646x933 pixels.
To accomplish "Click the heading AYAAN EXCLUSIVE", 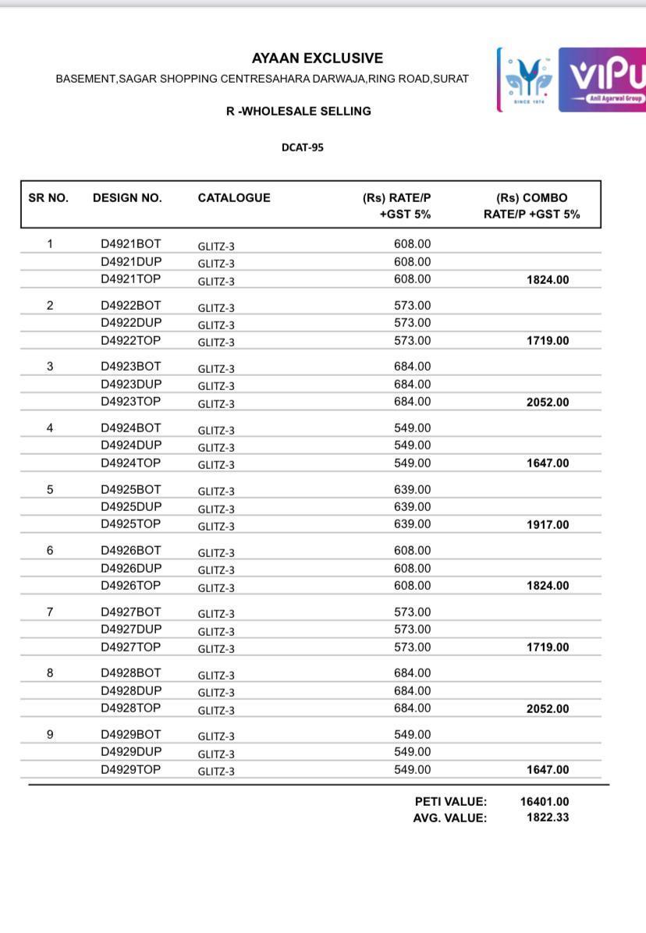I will click(317, 59).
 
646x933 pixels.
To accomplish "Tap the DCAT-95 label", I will click(302, 147).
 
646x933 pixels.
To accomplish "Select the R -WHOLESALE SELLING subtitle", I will click(298, 112).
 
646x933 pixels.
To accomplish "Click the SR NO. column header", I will click(48, 198).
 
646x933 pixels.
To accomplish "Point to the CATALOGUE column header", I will click(234, 198).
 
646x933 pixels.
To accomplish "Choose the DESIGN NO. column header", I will click(127, 198).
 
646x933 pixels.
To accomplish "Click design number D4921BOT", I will click(130, 244).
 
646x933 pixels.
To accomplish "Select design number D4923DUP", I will click(131, 384).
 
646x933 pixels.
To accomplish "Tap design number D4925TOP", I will click(130, 524).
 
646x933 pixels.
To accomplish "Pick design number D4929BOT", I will click(130, 734).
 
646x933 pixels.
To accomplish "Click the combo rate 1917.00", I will click(548, 525).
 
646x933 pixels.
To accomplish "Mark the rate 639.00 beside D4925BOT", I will click(412, 490).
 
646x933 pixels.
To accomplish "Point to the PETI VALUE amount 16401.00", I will click(545, 801).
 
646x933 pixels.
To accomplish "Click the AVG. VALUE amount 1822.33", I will click(548, 818).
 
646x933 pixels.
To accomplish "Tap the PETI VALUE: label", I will click(450, 801).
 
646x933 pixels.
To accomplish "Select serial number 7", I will click(50, 612).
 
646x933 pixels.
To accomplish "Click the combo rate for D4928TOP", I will click(548, 709).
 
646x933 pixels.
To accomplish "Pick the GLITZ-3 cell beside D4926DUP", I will click(216, 569).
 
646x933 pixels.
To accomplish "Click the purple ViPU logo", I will click(602, 80).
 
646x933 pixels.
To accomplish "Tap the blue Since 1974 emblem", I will click(527, 80).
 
